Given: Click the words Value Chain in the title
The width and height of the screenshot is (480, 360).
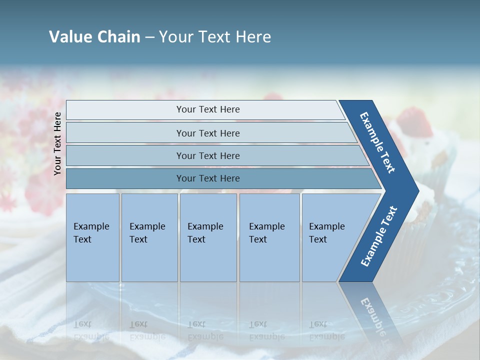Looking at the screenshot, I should (94, 37).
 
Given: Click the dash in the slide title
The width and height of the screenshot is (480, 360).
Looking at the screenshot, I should (149, 37).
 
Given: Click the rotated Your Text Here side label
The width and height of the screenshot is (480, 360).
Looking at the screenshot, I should (57, 144).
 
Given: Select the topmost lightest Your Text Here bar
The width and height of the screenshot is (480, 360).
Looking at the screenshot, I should (207, 109).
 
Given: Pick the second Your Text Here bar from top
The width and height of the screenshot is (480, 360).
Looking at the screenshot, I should (207, 133).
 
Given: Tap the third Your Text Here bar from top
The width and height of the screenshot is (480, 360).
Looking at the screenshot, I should (207, 155).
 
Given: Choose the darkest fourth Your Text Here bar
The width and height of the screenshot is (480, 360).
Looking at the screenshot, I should (207, 178).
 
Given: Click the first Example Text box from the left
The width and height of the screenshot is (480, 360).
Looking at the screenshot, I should (92, 237).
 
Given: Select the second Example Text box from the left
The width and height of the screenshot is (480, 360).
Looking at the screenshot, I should (149, 237).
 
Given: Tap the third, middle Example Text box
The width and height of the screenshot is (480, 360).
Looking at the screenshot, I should (208, 237).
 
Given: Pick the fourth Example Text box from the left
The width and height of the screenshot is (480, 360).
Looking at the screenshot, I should (269, 237).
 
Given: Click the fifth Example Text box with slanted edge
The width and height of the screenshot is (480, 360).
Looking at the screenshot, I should (330, 237).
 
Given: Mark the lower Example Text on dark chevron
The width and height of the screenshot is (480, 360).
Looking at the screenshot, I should (379, 236).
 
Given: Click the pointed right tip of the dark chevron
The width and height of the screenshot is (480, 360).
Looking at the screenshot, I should (416, 190).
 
